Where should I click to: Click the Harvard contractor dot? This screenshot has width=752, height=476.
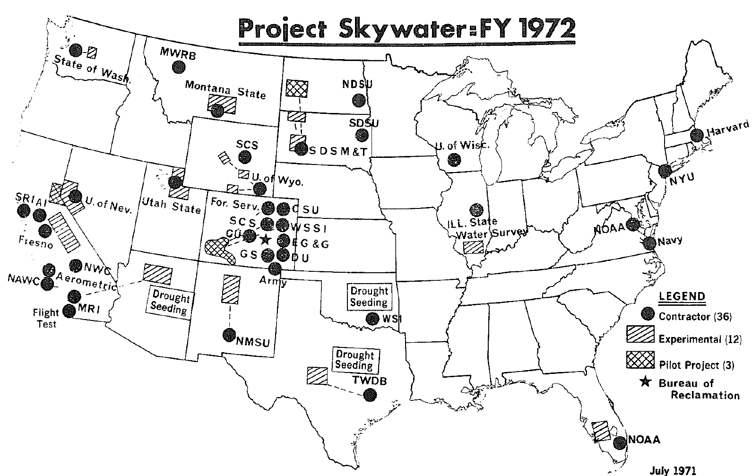click(696, 135)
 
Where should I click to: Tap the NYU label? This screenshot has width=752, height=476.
click(681, 179)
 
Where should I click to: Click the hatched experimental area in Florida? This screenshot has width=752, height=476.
click(601, 431)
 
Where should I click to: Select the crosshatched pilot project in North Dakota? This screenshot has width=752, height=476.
click(297, 88)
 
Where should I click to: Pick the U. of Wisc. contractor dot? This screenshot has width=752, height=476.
click(454, 160)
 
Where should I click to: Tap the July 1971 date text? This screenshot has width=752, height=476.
click(673, 470)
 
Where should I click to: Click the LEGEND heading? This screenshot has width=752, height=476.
click(682, 297)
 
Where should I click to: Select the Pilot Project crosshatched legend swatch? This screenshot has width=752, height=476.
click(640, 360)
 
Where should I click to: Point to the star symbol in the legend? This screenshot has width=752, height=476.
click(644, 382)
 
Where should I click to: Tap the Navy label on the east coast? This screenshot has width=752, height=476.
click(670, 240)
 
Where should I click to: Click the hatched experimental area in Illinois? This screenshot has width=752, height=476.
click(473, 247)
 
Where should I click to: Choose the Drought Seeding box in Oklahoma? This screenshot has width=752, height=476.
click(369, 297)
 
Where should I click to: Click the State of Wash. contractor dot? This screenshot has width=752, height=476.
click(75, 50)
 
